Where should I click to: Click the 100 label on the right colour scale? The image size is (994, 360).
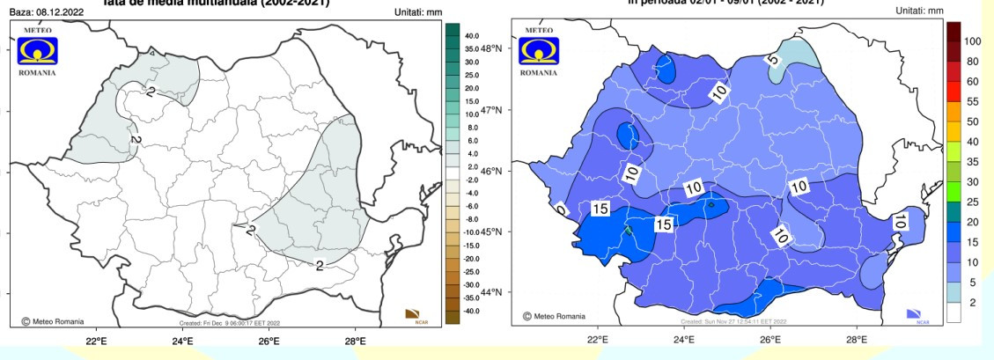point(972,41)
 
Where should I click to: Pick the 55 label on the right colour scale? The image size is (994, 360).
point(972,102)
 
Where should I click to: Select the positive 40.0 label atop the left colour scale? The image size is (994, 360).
point(471,35)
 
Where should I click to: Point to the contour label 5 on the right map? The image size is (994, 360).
point(772,61)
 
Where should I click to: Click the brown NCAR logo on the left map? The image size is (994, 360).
point(412,314)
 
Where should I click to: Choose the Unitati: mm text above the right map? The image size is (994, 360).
point(918,11)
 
